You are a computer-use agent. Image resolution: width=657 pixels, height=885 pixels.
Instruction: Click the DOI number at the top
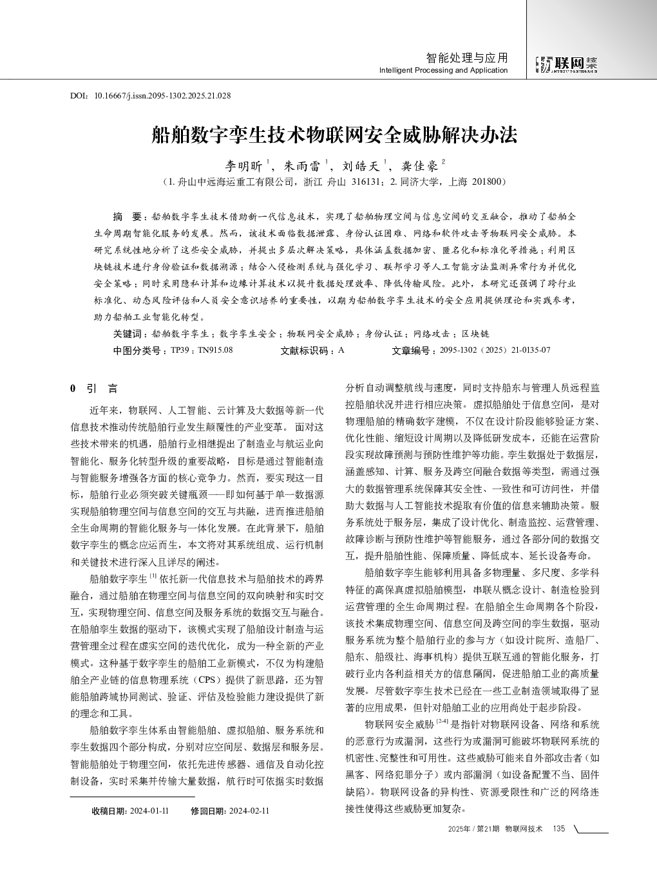pyautogui.click(x=162, y=96)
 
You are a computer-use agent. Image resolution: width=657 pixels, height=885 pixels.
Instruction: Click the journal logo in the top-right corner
pyautogui.click(x=567, y=63)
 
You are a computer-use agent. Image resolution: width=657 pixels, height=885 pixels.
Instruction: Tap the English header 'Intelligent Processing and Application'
pyautogui.click(x=443, y=70)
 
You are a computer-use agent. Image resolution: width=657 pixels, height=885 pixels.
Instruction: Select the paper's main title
pyautogui.click(x=334, y=135)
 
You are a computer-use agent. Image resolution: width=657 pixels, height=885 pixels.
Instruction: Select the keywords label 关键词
pyautogui.click(x=127, y=334)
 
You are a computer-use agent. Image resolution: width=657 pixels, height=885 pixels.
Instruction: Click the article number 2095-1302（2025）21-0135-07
pyautogui.click(x=495, y=350)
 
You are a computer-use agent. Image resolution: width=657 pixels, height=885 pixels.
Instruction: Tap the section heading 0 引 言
pyautogui.click(x=93, y=389)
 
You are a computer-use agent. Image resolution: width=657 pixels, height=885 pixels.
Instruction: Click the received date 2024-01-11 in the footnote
pyautogui.click(x=149, y=810)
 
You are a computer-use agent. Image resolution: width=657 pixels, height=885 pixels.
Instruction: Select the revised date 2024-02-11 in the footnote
pyautogui.click(x=249, y=810)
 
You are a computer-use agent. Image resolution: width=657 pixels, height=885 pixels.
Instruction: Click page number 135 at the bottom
pyautogui.click(x=558, y=828)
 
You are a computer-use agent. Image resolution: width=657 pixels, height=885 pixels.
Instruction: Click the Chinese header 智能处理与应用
pyautogui.click(x=467, y=58)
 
